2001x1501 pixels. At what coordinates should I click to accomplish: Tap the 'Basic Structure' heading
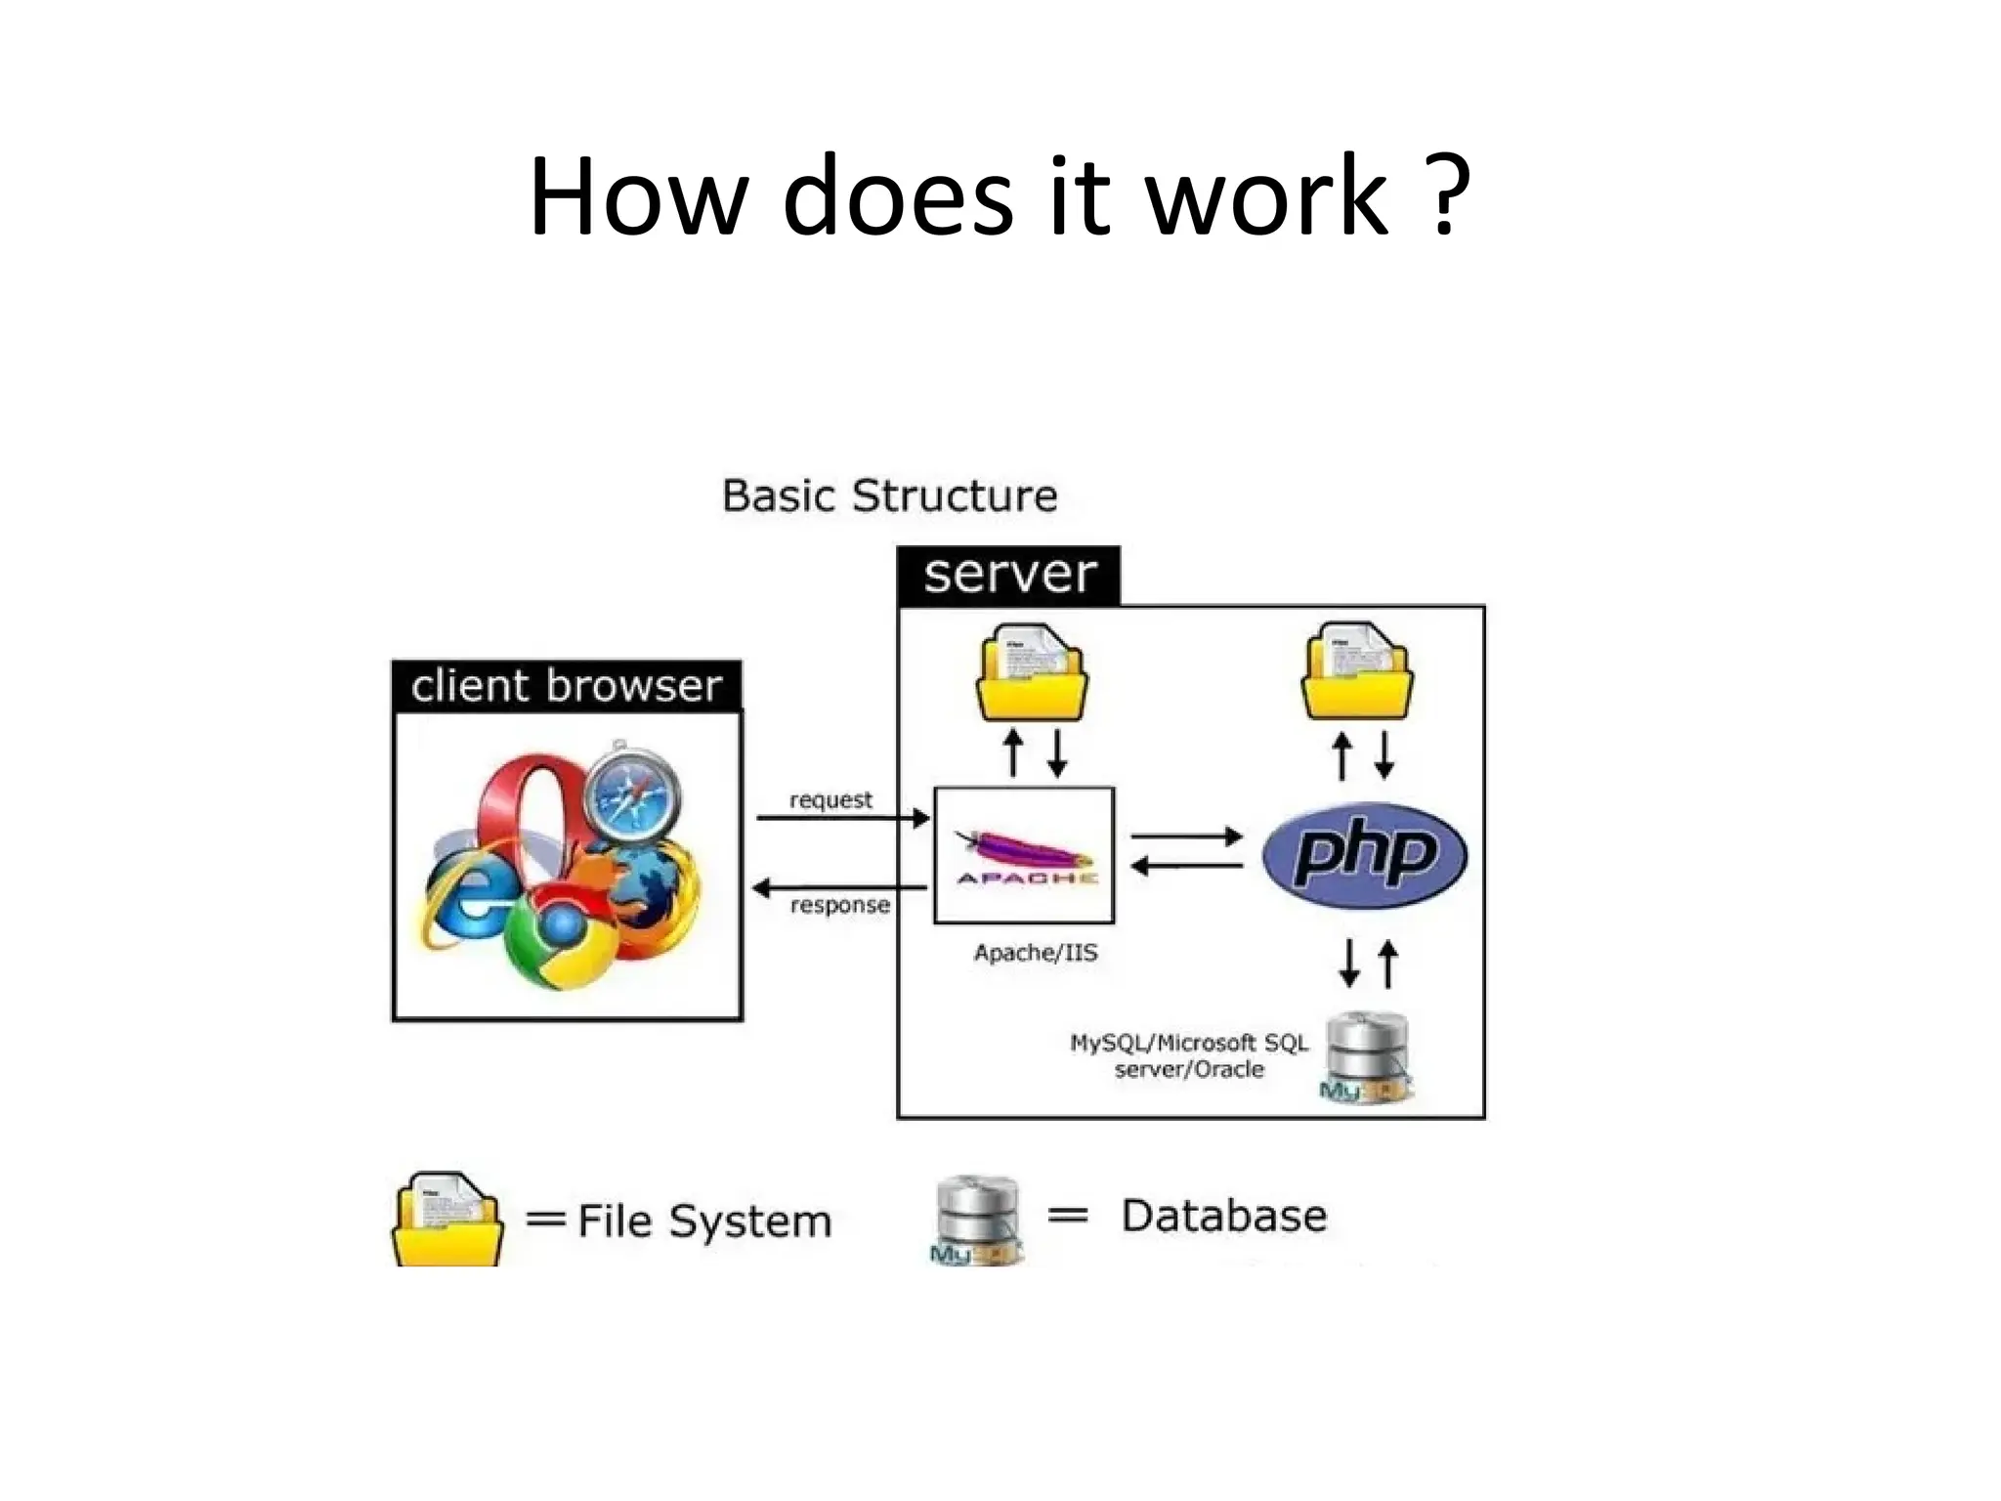pos(889,496)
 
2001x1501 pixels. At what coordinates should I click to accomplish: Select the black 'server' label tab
pos(1008,575)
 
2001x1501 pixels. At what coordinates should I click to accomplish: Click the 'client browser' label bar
pos(566,686)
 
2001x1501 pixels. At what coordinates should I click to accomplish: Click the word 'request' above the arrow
pos(830,800)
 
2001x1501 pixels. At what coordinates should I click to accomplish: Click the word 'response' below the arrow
pos(839,905)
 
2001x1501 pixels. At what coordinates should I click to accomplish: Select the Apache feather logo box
pos(1024,855)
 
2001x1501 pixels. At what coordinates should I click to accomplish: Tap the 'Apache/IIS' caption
pos(1036,953)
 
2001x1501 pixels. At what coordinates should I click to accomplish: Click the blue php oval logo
pos(1364,856)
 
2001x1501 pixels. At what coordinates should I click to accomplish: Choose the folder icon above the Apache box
pos(1033,674)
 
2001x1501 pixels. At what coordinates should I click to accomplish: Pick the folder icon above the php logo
pos(1358,674)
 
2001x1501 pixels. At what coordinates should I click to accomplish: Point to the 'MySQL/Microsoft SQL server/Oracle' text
pos(1189,1056)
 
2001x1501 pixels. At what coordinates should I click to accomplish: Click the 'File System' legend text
pos(703,1222)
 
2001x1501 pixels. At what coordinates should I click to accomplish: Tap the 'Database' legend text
pos(1223,1217)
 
